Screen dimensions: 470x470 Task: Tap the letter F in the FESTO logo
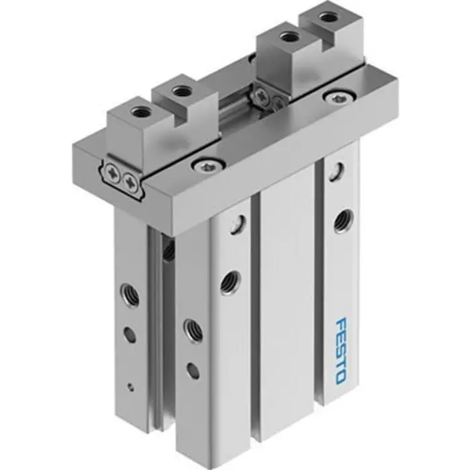click(x=339, y=324)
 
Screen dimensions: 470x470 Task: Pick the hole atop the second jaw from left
click(x=179, y=90)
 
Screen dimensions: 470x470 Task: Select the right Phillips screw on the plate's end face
click(x=129, y=179)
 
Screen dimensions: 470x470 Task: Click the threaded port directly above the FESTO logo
click(x=342, y=218)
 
